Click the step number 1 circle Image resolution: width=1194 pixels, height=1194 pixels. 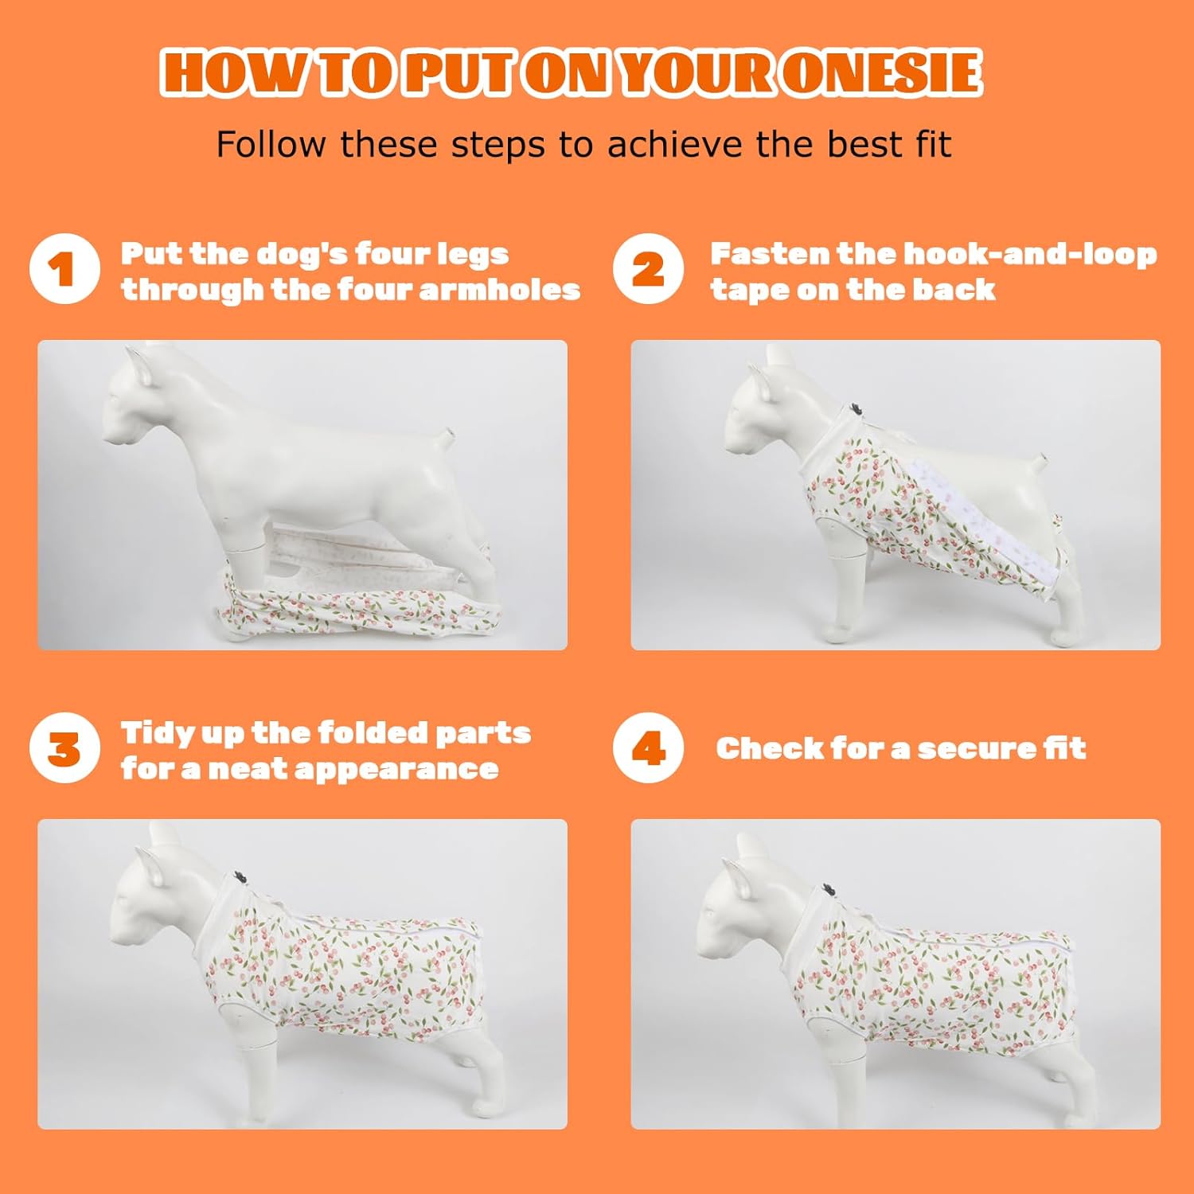[x=64, y=269]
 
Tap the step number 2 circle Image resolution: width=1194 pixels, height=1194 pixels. [x=648, y=269]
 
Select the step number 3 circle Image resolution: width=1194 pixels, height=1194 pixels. [x=64, y=748]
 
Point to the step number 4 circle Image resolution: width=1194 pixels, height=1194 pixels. [x=648, y=748]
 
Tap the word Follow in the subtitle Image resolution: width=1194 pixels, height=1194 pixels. [x=271, y=144]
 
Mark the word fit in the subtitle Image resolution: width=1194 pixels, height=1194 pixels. [x=932, y=144]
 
